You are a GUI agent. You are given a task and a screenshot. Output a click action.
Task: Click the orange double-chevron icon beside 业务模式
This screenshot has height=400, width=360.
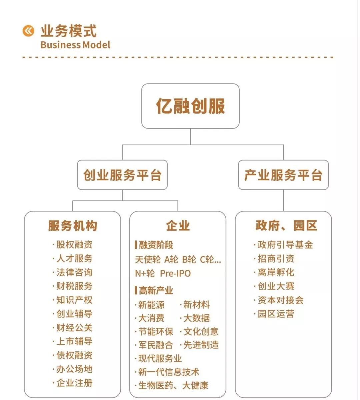pyautogui.click(x=28, y=31)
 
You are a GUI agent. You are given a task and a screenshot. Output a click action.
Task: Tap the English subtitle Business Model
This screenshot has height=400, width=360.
pyautogui.click(x=75, y=45)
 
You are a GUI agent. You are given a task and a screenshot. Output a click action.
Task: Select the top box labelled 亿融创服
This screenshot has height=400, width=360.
pyautogui.click(x=190, y=106)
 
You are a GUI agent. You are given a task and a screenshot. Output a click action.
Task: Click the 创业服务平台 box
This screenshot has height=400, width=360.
pyautogui.click(x=122, y=175)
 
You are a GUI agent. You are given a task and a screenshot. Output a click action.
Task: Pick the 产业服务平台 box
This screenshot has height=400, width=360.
pyautogui.click(x=283, y=175)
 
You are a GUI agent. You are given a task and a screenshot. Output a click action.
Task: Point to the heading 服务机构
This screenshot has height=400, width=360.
pyautogui.click(x=73, y=226)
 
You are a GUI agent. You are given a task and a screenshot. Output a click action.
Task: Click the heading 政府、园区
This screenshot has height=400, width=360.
pyautogui.click(x=286, y=226)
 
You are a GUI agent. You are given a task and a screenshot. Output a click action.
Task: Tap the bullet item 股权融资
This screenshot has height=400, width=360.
pyautogui.click(x=74, y=245)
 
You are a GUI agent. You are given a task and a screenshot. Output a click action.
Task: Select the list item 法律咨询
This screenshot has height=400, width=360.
pyautogui.click(x=74, y=272)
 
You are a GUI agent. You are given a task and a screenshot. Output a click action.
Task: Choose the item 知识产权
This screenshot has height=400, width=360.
pyautogui.click(x=74, y=300)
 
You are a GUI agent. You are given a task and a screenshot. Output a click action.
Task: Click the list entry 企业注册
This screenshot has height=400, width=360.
pyautogui.click(x=74, y=383)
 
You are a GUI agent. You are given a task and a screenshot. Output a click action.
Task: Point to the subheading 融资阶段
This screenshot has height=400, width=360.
pyautogui.click(x=156, y=245)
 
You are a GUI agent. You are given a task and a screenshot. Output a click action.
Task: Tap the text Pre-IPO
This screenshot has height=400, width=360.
pyautogui.click(x=175, y=273)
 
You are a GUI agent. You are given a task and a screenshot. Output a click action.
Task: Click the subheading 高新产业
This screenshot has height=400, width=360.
pyautogui.click(x=156, y=291)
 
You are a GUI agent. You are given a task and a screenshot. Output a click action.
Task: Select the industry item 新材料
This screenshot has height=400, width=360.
pyautogui.click(x=196, y=305)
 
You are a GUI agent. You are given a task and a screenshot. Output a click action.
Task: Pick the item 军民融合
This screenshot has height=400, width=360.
pyautogui.click(x=155, y=345)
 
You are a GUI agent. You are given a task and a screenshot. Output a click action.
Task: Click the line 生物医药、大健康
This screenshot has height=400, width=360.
pyautogui.click(x=173, y=386)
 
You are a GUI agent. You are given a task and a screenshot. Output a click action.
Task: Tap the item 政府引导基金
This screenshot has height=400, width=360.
pyautogui.click(x=285, y=245)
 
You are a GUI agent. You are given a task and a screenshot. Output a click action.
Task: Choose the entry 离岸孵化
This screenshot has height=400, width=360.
pyautogui.click(x=276, y=272)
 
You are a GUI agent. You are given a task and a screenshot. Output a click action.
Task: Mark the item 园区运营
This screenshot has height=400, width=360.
pyautogui.click(x=276, y=314)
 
